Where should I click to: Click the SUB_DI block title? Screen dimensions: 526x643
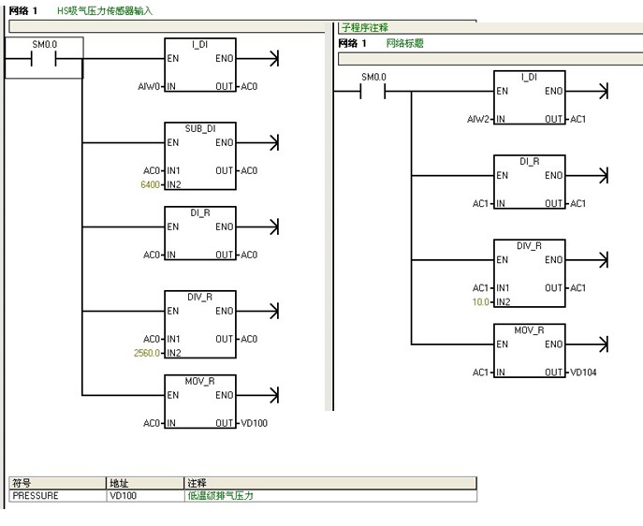[x=200, y=128]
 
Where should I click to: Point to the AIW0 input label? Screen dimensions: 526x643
[x=150, y=87]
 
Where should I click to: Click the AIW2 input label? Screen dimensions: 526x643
[x=478, y=120]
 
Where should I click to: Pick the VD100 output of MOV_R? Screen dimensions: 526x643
[x=255, y=424]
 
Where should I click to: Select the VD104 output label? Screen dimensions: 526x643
[x=583, y=373]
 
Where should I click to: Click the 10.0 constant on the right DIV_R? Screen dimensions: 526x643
[x=480, y=302]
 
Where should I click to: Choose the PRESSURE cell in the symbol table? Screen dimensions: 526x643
[x=35, y=496]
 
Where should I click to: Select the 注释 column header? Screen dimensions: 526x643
[x=197, y=483]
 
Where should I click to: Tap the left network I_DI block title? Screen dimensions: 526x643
[x=200, y=44]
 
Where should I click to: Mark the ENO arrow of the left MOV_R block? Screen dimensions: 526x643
[x=273, y=395]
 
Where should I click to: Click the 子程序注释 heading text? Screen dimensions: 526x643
[x=364, y=28]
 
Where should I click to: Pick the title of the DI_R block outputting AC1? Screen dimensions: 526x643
[x=529, y=161]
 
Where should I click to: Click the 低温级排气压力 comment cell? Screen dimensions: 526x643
[x=221, y=496]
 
